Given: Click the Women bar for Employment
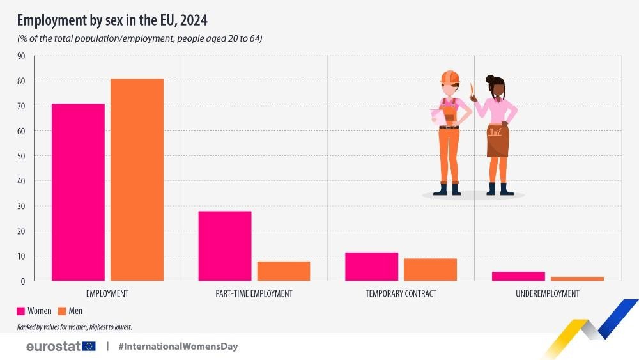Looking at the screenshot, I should pos(78,192).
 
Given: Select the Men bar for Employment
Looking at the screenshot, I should pos(137,180).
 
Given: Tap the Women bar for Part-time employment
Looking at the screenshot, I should pos(224,246).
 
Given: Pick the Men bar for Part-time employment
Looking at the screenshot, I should pos(284,271).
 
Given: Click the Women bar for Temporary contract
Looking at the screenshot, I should pos(371,267).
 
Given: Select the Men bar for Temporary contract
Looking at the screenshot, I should pos(430,270).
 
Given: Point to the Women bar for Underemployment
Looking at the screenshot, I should pos(518,276).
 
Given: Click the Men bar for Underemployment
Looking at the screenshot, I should pos(577,279).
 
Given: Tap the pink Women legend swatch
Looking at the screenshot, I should pos(20,311).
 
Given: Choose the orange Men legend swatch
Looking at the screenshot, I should pos(62,311).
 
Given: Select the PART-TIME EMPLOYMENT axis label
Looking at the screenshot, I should pos(254,294).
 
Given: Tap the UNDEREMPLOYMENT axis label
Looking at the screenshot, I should pos(548,294).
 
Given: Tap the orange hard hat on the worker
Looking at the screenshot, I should pos(450,77).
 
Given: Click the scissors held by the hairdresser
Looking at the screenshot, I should pos(472,91).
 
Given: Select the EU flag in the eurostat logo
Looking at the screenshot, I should pos(89,347).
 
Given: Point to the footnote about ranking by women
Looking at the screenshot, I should pos(74,327).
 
